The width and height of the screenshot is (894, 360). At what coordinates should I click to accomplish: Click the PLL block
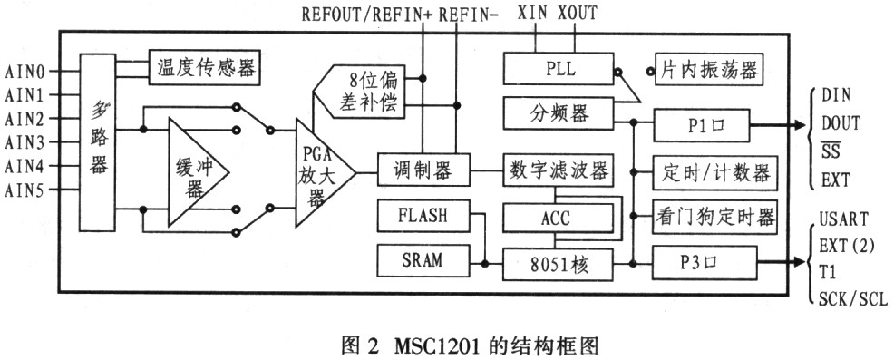[559, 69]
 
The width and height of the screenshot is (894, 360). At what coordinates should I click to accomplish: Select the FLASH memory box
[423, 216]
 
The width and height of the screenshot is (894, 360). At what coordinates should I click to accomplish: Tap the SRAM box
[423, 260]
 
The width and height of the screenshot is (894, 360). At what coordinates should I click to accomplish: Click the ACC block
[559, 218]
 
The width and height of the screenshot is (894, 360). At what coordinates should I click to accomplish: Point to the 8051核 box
[559, 264]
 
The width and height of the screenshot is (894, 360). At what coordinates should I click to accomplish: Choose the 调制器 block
[423, 170]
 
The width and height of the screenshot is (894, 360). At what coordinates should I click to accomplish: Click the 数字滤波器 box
[559, 170]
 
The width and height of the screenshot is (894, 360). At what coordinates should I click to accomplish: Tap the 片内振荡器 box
[709, 69]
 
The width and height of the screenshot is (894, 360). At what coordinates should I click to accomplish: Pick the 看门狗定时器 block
[715, 217]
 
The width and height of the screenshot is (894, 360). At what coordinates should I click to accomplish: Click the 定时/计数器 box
[715, 172]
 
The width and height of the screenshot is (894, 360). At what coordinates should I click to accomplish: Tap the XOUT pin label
[578, 13]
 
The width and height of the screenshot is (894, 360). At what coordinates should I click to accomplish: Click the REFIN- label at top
[469, 15]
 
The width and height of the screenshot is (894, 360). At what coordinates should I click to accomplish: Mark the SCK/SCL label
[853, 298]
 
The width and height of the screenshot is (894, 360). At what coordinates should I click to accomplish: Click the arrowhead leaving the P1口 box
[796, 125]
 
